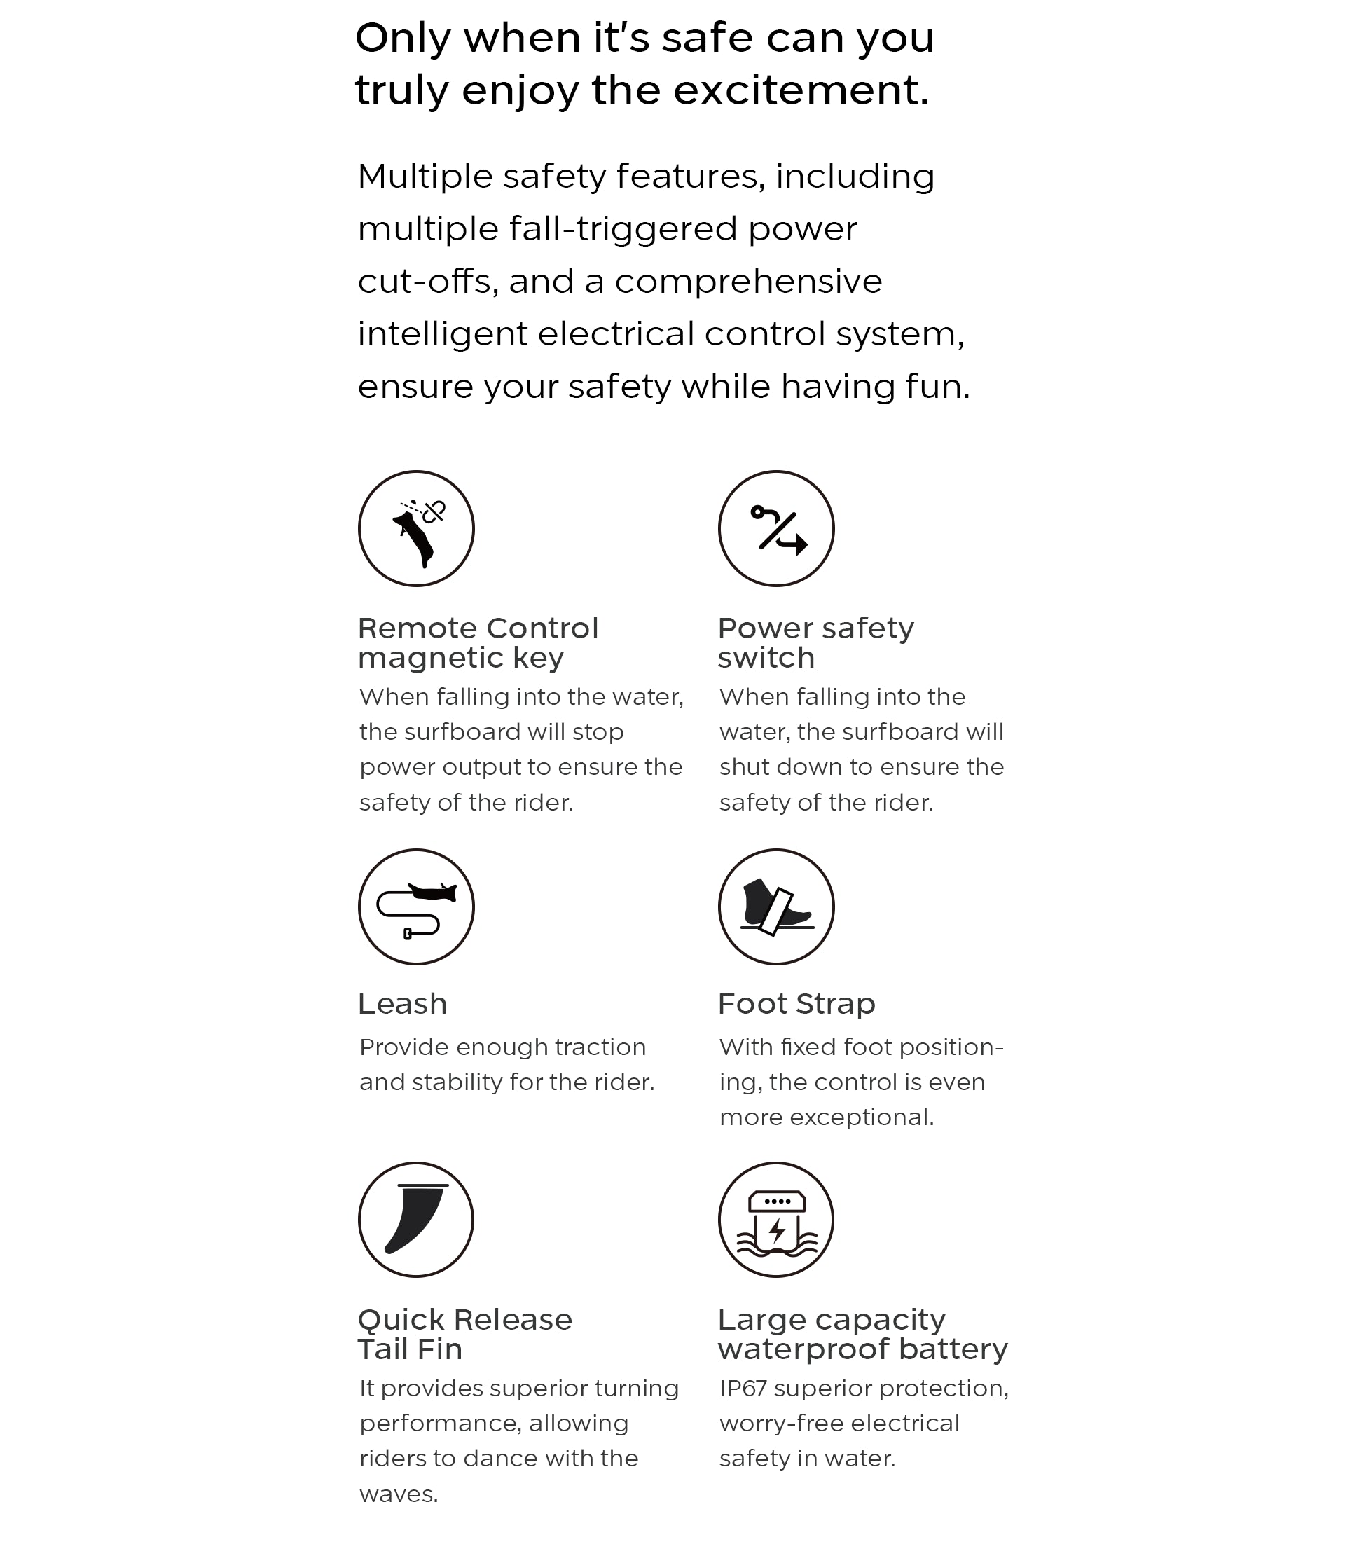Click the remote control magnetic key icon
415,528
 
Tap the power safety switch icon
775,528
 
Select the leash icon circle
415,906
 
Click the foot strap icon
775,906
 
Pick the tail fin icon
415,1219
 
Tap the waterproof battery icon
775,1219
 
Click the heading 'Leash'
402,1004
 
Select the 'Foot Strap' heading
796,1004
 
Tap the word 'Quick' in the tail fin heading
399,1320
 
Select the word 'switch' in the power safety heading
766,658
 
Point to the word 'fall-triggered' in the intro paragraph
622,228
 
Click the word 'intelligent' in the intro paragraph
442,333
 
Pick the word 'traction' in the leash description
600,1047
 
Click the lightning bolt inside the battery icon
776,1231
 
